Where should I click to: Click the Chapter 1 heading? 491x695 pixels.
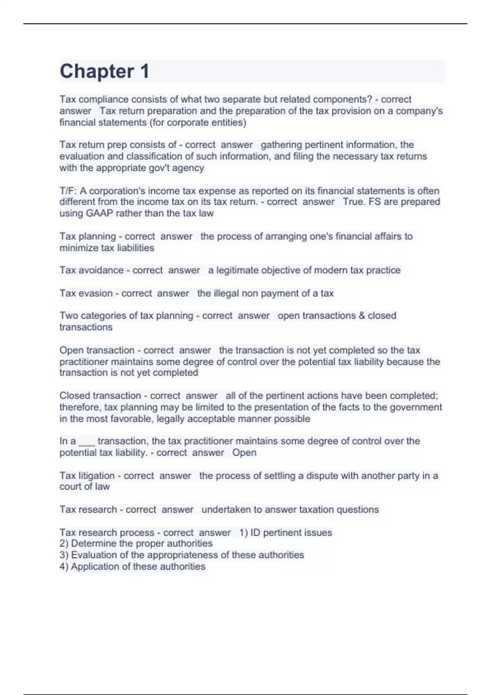pyautogui.click(x=104, y=71)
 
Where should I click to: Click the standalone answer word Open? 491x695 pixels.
pyautogui.click(x=244, y=453)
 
